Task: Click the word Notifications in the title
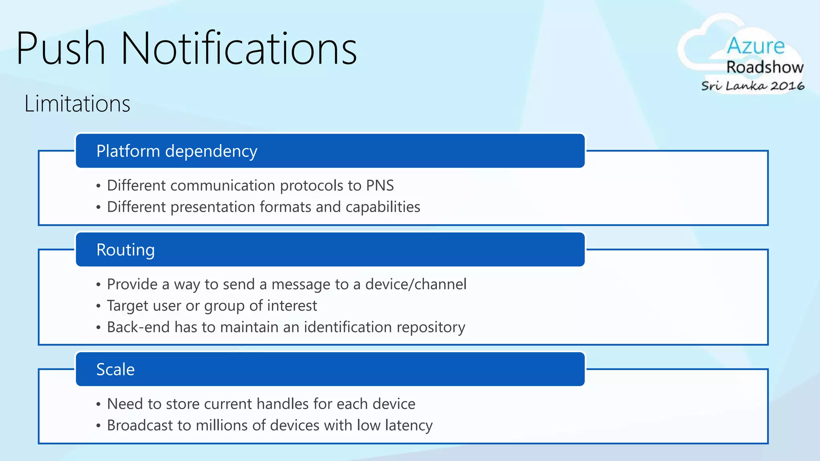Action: coord(239,48)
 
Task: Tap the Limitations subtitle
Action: coord(77,104)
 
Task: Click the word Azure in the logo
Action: coord(756,46)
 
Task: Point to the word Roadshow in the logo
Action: coord(765,67)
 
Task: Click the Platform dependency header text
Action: coord(177,151)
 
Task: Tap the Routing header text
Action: coord(125,250)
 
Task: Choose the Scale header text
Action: coord(115,369)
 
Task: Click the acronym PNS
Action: coord(380,186)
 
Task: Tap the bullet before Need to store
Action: coord(98,404)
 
